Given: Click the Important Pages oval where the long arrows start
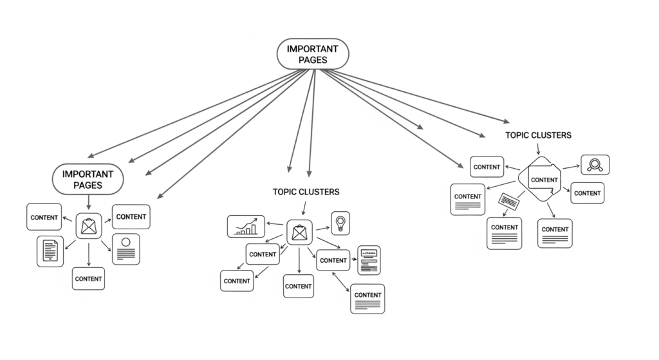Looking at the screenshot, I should pos(313,53).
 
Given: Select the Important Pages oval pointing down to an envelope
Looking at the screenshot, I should pos(88,179).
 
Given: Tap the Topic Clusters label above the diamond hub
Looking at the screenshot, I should pos(538,135).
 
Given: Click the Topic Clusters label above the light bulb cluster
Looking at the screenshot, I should pos(306,192).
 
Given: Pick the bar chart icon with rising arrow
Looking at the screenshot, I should pos(246,226).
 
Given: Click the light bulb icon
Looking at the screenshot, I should pos(340,222).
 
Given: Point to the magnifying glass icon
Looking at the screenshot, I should pos(595,165).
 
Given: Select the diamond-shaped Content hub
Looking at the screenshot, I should pos(543,179).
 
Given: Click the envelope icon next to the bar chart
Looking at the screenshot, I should pos(299,232).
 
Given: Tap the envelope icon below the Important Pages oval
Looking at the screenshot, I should pos(88,227).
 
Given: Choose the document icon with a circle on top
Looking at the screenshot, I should pos(126,249).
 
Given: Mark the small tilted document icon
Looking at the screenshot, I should pos(510,202).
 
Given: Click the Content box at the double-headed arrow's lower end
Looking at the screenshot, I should pos(367,298).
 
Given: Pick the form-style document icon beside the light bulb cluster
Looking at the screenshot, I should pos(369,260).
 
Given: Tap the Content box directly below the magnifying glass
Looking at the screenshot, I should pos(587,193).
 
